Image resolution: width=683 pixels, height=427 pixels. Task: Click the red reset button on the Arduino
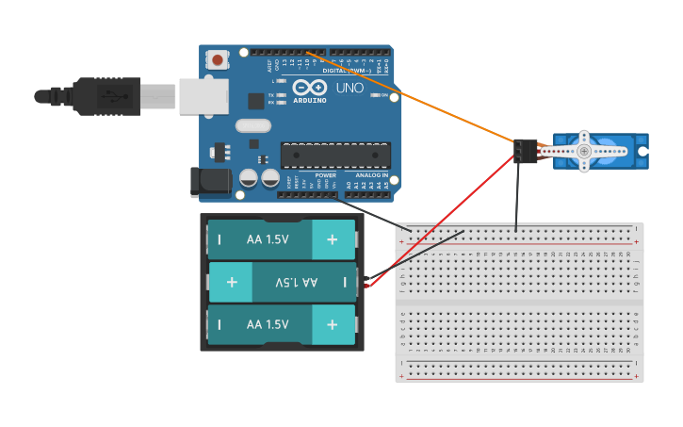click(218, 60)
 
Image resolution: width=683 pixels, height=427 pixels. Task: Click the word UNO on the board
click(350, 88)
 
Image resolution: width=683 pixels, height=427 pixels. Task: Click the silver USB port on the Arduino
click(203, 95)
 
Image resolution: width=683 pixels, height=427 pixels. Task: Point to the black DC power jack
click(210, 182)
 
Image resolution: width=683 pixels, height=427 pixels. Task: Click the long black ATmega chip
click(335, 156)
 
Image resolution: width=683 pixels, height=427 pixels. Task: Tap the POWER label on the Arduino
click(325, 175)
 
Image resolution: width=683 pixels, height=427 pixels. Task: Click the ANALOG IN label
click(371, 175)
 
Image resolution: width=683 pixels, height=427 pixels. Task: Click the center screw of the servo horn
click(584, 151)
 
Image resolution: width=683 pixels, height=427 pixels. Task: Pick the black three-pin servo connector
click(525, 151)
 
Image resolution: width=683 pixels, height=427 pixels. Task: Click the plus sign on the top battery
click(333, 239)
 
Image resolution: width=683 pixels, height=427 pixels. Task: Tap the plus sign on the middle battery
click(232, 282)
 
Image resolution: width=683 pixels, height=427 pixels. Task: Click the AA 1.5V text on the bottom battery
click(268, 324)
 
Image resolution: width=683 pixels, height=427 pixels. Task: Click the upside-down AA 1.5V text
click(296, 282)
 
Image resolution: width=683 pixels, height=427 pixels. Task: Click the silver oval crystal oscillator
click(252, 125)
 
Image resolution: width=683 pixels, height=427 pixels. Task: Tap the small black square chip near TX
click(256, 101)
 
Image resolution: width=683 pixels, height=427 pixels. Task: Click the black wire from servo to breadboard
click(516, 193)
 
